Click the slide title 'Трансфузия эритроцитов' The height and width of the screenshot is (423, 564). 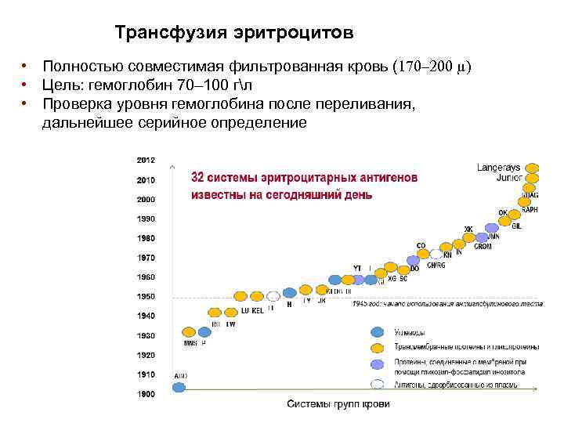(233, 34)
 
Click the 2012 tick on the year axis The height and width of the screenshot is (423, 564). (146, 160)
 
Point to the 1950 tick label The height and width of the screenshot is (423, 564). (146, 296)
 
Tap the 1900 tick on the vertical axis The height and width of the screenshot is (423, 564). (146, 394)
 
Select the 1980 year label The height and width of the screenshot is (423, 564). (146, 237)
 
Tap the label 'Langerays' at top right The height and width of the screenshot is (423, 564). (498, 168)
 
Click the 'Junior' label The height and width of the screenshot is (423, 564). (508, 178)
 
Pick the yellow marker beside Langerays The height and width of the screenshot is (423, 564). (532, 168)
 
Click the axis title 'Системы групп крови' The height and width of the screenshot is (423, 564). (338, 404)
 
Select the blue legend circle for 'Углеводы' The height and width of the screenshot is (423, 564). (378, 332)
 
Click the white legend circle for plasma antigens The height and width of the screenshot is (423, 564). (378, 384)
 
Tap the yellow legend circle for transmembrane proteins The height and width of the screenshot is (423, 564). (378, 348)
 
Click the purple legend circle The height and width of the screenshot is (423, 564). (378, 365)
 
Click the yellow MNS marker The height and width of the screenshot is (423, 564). (188, 331)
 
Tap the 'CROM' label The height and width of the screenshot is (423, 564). (483, 247)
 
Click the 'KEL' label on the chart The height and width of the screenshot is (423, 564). (257, 310)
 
